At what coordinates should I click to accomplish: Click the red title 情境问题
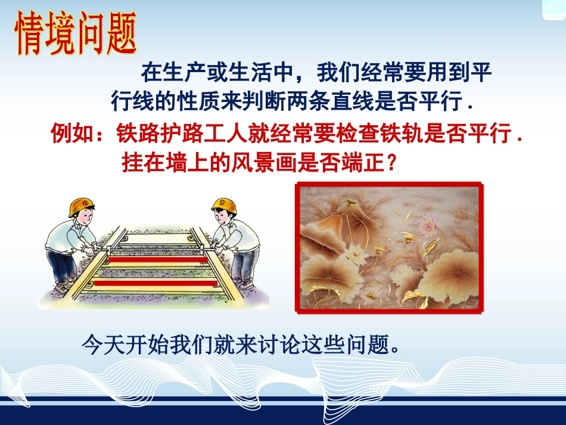(x=75, y=33)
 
